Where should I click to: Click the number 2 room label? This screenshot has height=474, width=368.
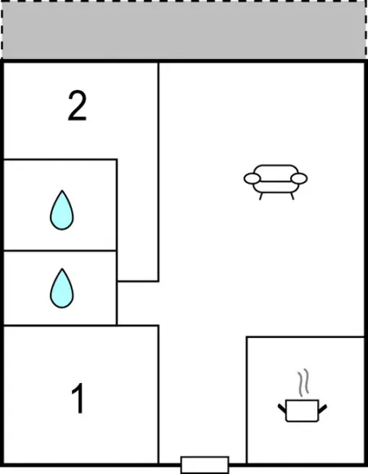[78, 106]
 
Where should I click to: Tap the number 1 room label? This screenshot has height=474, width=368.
[78, 398]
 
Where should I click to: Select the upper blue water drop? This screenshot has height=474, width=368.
[61, 210]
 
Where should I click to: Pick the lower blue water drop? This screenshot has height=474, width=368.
[61, 288]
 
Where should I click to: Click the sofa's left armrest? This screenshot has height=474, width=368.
[252, 178]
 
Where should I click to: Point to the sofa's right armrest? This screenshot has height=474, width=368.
[299, 178]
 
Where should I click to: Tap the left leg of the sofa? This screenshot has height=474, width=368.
[261, 196]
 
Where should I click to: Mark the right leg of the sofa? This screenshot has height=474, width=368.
[292, 196]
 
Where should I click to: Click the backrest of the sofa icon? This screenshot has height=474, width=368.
[276, 169]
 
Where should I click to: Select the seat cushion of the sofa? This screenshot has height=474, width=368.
[276, 187]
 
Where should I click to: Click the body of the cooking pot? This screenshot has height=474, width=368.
[302, 410]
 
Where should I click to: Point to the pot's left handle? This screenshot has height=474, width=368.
[282, 409]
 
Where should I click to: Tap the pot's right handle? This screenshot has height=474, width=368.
[322, 409]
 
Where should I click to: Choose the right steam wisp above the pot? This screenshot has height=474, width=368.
[306, 381]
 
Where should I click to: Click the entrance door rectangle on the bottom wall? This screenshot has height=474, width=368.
[204, 465]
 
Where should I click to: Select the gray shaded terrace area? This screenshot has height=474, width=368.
[183, 30]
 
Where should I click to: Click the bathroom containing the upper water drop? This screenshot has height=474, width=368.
[60, 205]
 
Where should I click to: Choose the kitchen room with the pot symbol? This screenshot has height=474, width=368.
[305, 400]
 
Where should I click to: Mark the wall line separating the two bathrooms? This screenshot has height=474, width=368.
[60, 251]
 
